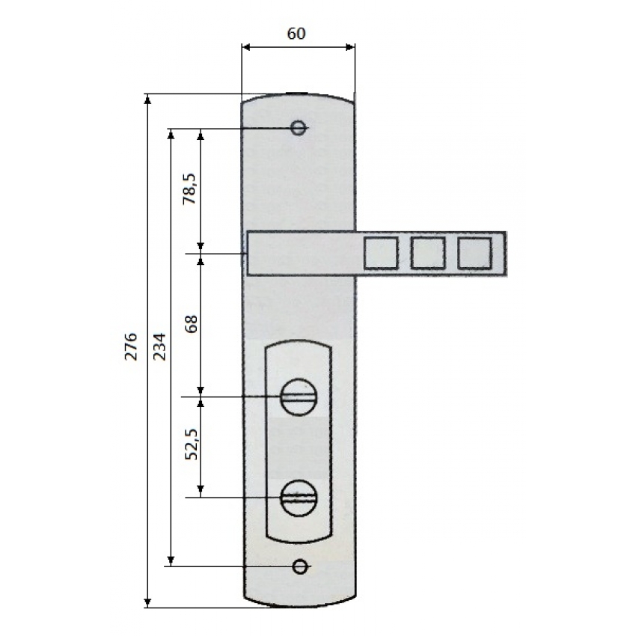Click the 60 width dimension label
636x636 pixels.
[296, 34]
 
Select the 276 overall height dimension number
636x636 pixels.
[131, 346]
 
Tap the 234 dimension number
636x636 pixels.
[159, 346]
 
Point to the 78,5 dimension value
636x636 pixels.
[189, 189]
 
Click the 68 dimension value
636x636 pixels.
[191, 324]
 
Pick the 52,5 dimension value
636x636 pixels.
[191, 444]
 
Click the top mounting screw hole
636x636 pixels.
[299, 128]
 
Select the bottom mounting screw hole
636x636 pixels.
[300, 566]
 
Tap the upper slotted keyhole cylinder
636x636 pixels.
[299, 397]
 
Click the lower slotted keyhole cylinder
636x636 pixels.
[299, 498]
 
